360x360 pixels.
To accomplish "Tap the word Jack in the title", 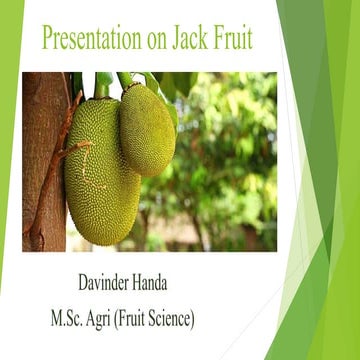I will point(195,39).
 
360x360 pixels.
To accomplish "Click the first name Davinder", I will point(109,285).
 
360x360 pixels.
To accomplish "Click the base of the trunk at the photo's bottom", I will point(40,240).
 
